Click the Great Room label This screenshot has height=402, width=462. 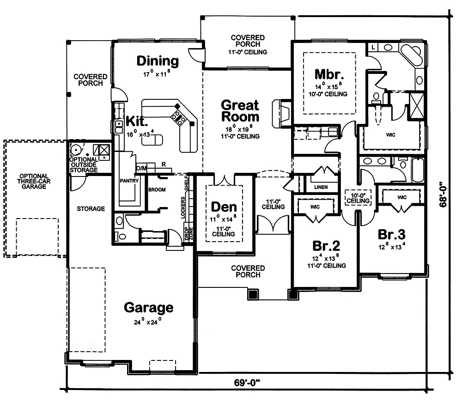click(x=240, y=111)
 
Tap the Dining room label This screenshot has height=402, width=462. click(x=157, y=61)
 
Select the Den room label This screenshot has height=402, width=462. click(x=224, y=207)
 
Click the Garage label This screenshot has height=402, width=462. click(x=149, y=307)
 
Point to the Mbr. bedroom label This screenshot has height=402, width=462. click(x=329, y=74)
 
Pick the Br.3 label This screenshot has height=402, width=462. click(x=392, y=233)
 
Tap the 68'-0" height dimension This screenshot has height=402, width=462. click(x=444, y=195)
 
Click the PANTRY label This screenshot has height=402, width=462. click(x=129, y=181)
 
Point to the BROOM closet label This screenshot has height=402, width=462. click(x=157, y=190)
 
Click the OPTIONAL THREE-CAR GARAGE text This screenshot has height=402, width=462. click(x=34, y=181)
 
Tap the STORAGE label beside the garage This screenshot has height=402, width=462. click(x=91, y=209)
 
